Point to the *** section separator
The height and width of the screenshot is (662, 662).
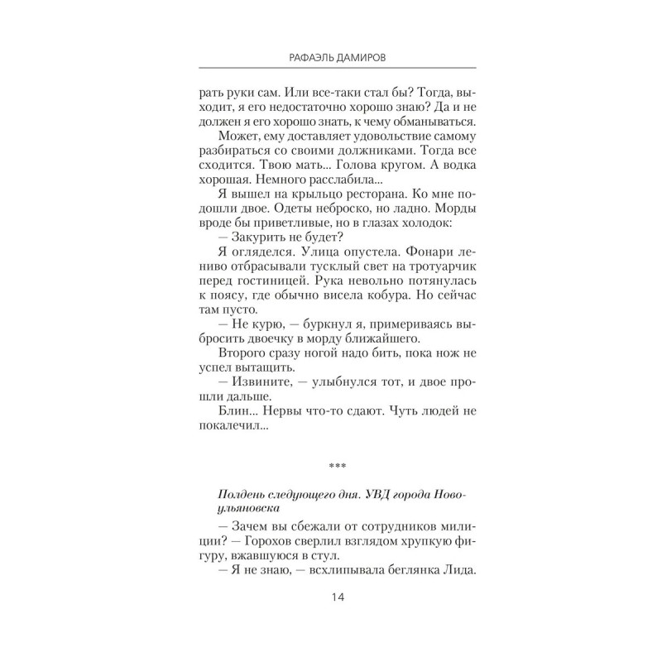pos(331,466)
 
